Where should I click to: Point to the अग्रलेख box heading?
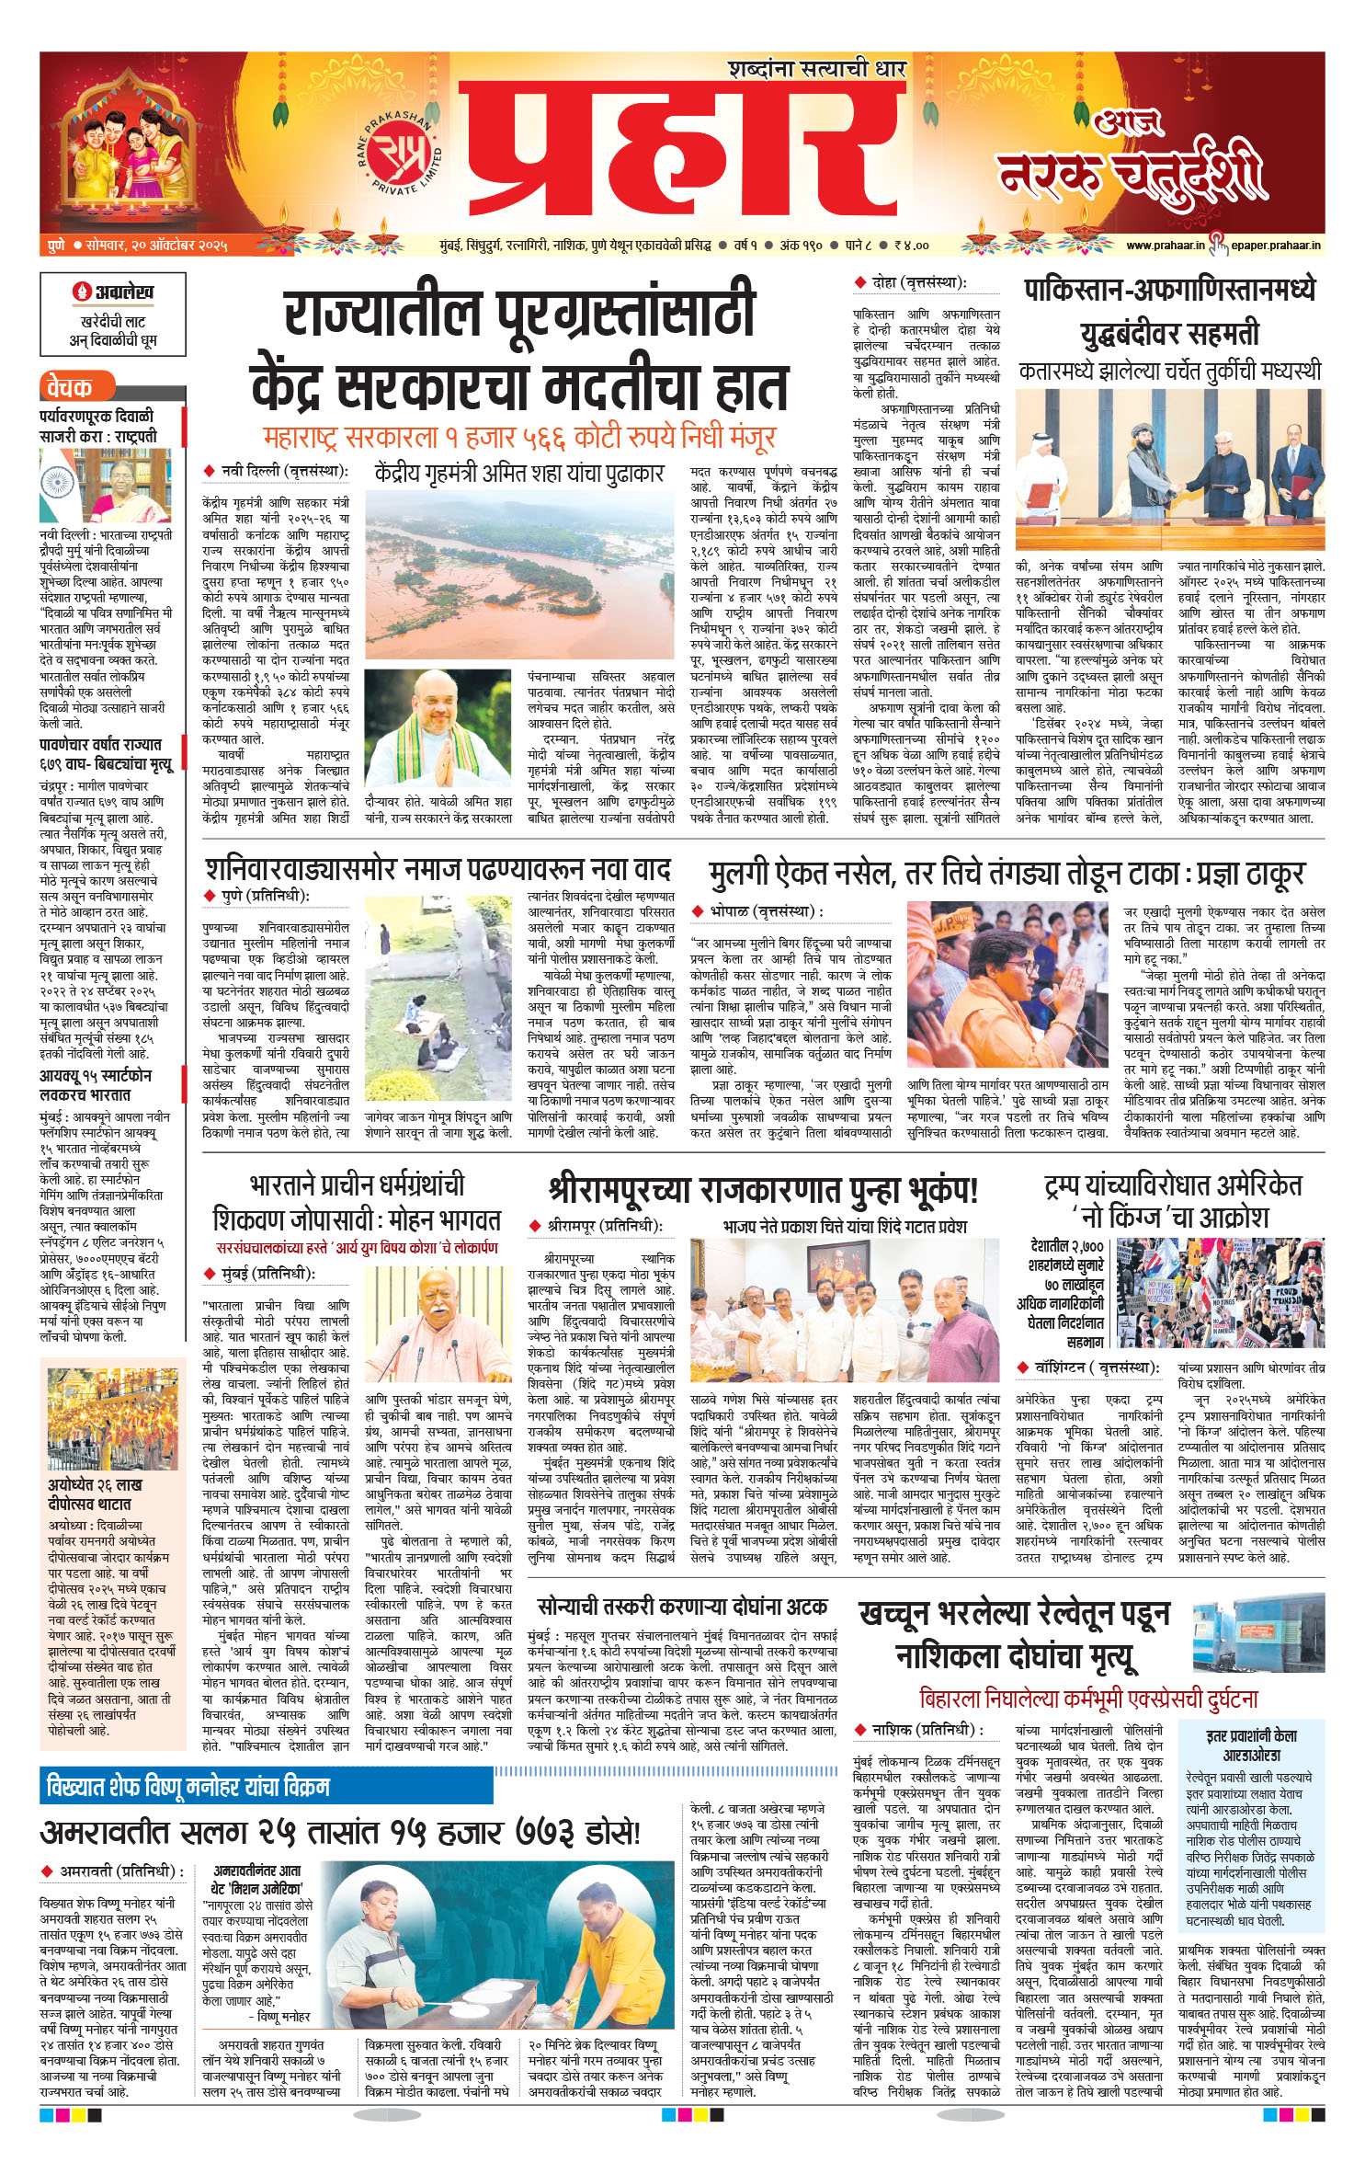tap(113, 292)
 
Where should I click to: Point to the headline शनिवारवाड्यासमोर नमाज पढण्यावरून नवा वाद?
tap(438, 869)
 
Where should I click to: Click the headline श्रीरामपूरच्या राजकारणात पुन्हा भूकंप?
tap(762, 1191)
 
